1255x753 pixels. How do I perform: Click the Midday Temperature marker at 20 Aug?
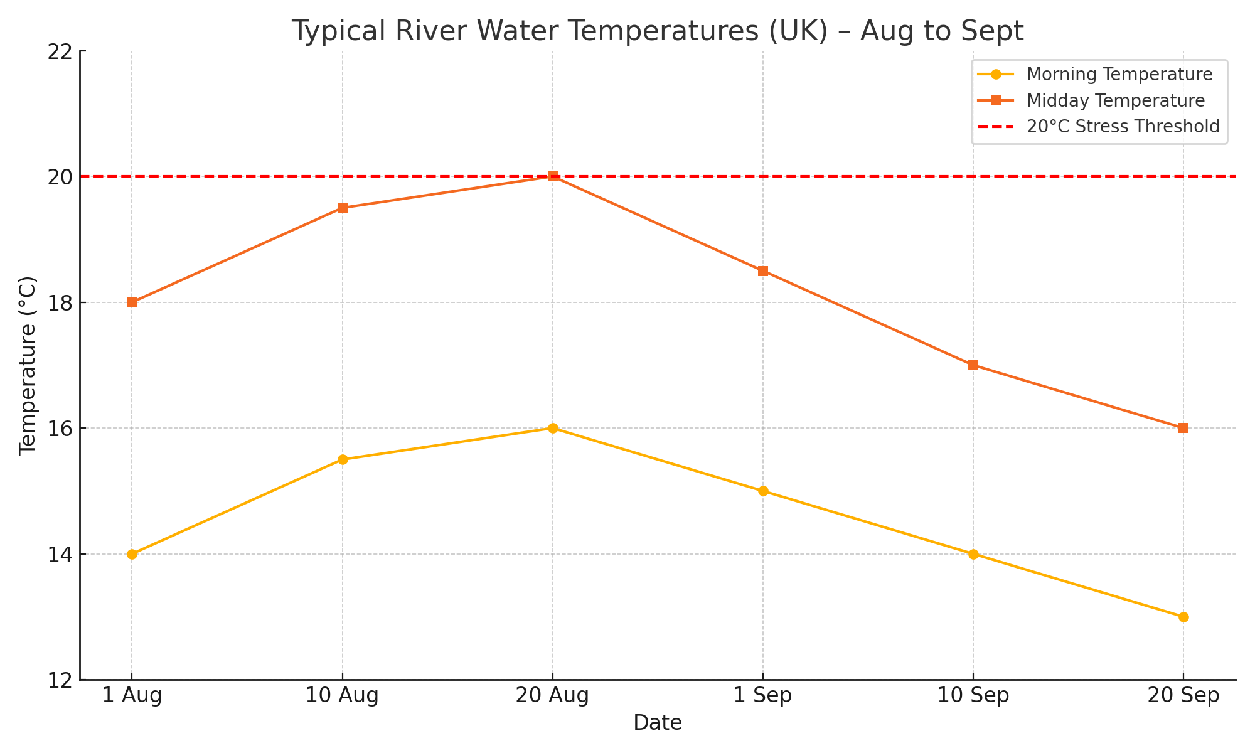pyautogui.click(x=553, y=176)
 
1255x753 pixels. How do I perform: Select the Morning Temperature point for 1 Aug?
pyautogui.click(x=132, y=554)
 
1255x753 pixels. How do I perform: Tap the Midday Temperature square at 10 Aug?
pyautogui.click(x=343, y=208)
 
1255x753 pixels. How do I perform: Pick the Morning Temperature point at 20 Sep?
pyautogui.click(x=1183, y=617)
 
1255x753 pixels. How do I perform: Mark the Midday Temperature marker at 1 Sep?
pyautogui.click(x=763, y=271)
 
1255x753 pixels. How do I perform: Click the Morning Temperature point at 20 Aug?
pyautogui.click(x=553, y=428)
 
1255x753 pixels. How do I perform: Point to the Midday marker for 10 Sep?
pyautogui.click(x=973, y=365)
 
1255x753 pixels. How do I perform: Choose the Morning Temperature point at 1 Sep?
pyautogui.click(x=763, y=491)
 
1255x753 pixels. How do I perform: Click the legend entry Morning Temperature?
pyautogui.click(x=1119, y=75)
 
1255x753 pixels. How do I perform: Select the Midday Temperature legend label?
pyautogui.click(x=1115, y=100)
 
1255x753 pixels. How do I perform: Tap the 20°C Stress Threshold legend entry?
pyautogui.click(x=1123, y=127)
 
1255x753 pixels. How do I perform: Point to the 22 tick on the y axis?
pyautogui.click(x=60, y=51)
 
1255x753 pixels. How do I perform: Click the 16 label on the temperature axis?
pyautogui.click(x=60, y=429)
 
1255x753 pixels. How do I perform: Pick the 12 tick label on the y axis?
pyautogui.click(x=60, y=680)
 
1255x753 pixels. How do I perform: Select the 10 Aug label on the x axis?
pyautogui.click(x=343, y=696)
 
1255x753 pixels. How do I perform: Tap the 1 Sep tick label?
pyautogui.click(x=763, y=696)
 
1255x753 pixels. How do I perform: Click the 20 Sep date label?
pyautogui.click(x=1183, y=696)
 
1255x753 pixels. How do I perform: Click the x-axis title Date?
pyautogui.click(x=657, y=723)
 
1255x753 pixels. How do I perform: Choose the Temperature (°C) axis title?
pyautogui.click(x=28, y=365)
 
